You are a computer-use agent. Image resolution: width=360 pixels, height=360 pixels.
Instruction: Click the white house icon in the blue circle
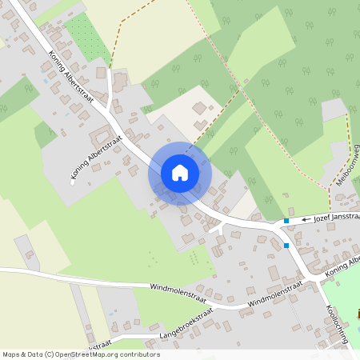tap(180, 172)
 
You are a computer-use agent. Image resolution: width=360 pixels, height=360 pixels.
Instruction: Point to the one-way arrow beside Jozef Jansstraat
tap(306, 218)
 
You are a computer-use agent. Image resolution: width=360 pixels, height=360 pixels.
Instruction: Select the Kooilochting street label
tap(337, 324)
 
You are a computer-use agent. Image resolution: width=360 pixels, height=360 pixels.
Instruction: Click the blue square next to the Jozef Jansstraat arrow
tap(286, 220)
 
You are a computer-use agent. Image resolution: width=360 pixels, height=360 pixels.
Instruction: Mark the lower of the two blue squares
tap(286, 246)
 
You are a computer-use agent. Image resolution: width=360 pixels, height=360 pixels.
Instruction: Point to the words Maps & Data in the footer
tap(22, 354)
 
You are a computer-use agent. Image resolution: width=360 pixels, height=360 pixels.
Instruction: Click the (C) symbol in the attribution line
tap(50, 354)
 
